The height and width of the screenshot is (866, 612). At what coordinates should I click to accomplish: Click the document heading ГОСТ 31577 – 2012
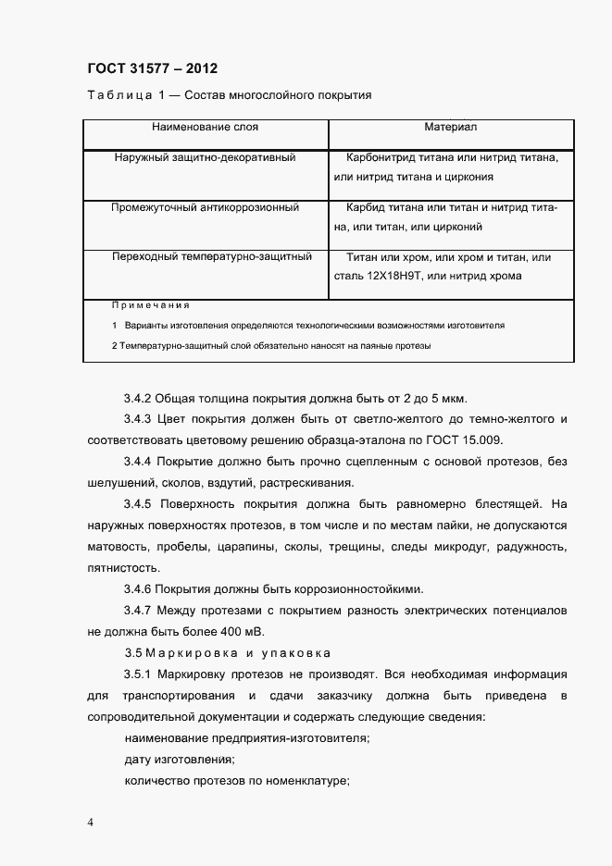153,68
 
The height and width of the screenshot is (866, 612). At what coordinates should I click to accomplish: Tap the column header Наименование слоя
206,126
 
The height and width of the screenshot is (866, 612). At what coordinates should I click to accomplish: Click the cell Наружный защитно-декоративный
206,158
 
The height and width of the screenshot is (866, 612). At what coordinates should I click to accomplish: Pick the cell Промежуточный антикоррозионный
206,208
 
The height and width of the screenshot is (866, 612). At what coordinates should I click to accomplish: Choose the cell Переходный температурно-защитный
212,257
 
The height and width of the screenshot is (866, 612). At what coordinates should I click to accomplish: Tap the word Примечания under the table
150,305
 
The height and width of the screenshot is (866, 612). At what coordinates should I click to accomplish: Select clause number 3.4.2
139,400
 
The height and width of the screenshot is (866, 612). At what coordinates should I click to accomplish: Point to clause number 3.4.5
139,505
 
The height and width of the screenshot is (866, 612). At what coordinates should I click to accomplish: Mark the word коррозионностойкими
360,589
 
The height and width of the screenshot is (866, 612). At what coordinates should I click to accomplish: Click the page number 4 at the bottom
90,823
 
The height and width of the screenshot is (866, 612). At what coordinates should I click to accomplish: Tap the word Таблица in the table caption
113,96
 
